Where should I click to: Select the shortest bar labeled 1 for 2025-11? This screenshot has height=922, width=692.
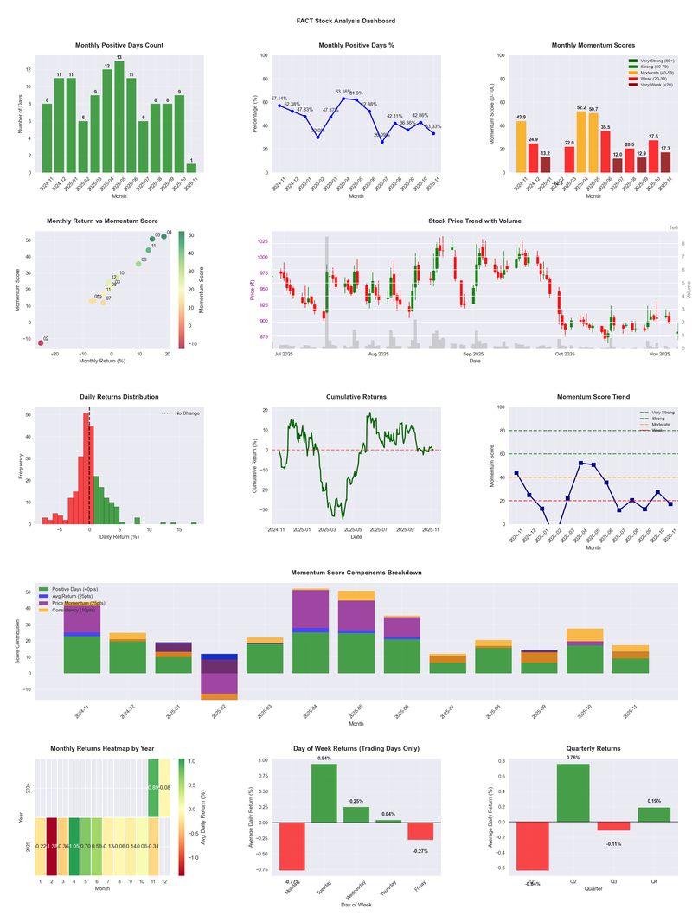[x=191, y=168]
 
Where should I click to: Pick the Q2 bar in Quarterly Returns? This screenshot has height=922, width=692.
[x=573, y=793]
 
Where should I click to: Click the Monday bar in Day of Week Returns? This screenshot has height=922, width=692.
[x=292, y=846]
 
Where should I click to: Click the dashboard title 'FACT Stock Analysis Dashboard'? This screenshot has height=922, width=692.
[x=345, y=20]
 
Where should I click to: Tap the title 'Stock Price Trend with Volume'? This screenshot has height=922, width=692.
[x=475, y=221]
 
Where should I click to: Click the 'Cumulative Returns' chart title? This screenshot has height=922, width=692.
[x=356, y=397]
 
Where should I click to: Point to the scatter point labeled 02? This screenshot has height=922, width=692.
[x=40, y=343]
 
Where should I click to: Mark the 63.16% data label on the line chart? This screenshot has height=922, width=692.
[x=343, y=91]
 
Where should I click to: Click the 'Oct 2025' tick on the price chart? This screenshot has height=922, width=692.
[x=565, y=354]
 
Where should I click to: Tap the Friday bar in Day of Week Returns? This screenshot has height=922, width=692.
[x=421, y=831]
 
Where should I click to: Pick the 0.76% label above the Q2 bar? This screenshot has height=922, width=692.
[x=573, y=758]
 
